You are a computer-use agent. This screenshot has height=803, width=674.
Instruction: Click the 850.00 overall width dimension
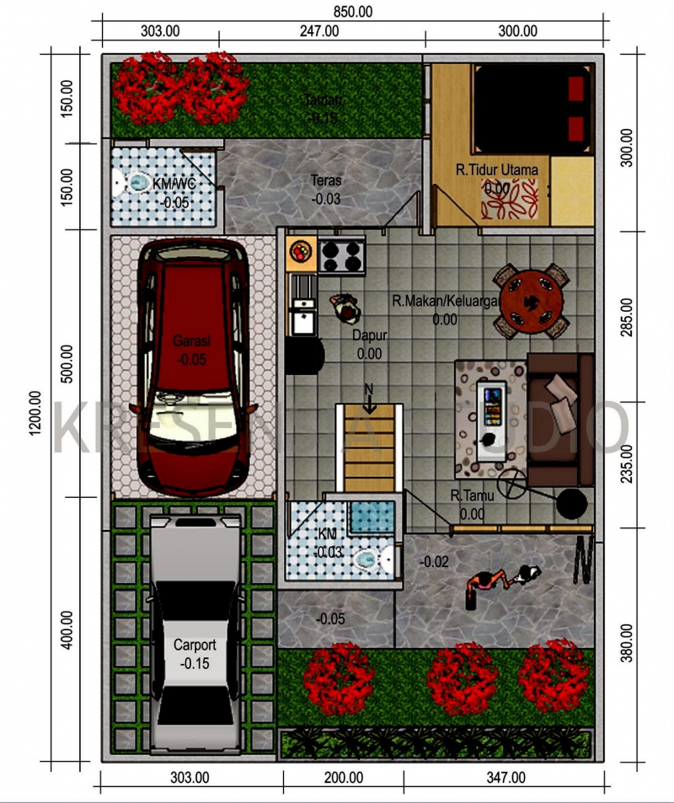point(353,11)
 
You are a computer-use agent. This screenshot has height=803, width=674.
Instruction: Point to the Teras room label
point(326,180)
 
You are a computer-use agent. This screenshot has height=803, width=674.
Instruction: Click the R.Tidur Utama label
point(496,170)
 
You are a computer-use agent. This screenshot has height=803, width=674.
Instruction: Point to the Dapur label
point(369,335)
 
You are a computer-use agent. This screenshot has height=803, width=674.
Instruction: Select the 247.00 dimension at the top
point(319,31)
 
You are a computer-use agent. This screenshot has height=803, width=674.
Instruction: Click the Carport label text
point(195,645)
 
